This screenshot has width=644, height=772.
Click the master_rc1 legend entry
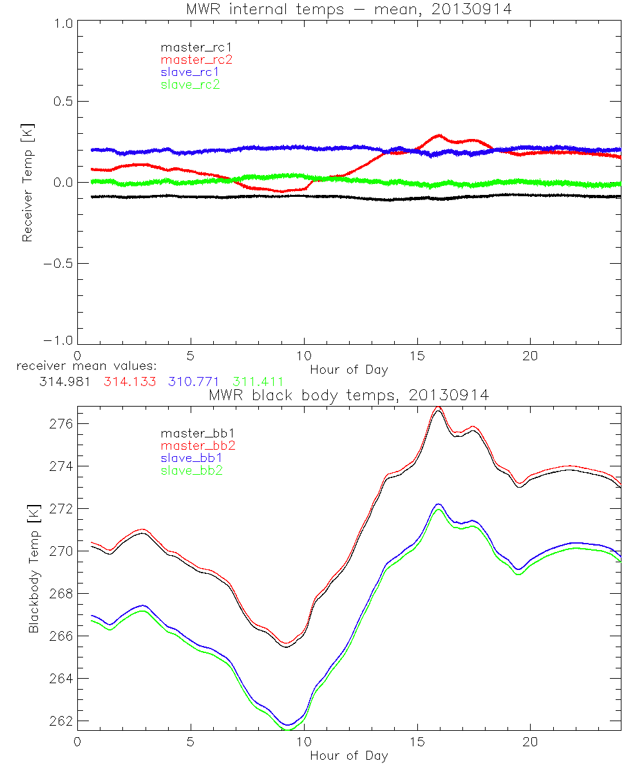(190, 47)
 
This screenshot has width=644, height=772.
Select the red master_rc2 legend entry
(196, 59)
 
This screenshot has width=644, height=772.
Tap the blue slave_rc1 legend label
(190, 71)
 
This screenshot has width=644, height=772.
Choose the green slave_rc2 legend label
(190, 84)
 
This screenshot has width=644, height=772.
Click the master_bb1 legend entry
(193, 434)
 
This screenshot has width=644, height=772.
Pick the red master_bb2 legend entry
(198, 445)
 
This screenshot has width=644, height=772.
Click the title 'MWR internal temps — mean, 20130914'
(348, 10)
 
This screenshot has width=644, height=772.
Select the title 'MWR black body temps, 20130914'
(348, 395)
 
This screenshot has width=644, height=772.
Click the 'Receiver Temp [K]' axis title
(27, 182)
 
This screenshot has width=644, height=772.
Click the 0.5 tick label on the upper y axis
(62, 102)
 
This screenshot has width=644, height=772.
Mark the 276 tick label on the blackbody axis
(62, 423)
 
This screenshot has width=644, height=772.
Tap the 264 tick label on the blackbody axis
(62, 678)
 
